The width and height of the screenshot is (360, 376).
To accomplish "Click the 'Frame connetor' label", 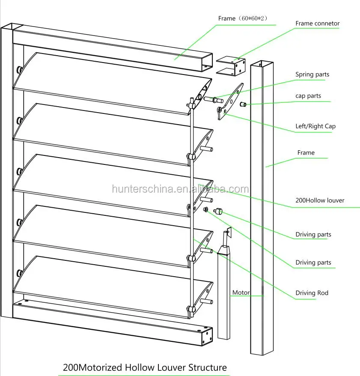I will [317, 24].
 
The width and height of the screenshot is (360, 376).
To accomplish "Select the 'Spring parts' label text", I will [312, 75].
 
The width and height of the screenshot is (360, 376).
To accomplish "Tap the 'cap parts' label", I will [308, 96].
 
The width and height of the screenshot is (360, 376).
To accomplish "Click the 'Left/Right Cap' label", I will [315, 126].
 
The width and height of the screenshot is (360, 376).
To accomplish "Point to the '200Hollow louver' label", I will [320, 200].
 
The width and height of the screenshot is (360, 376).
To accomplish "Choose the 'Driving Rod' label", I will [312, 293].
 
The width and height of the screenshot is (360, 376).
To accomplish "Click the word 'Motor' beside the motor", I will [240, 293].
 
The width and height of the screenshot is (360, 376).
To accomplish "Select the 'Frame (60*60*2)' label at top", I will [243, 18].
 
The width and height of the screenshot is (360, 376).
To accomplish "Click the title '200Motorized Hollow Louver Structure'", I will [145, 367].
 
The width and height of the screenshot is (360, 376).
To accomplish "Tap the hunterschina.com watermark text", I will [180, 189].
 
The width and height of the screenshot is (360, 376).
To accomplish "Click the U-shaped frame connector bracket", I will [231, 66].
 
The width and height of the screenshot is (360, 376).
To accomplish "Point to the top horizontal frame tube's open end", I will [206, 61].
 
